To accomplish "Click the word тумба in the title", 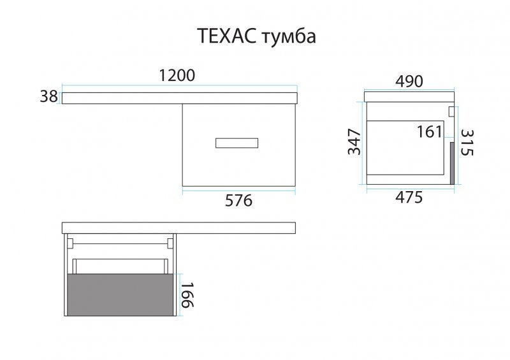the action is coord(289,36).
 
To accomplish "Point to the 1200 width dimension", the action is coord(177,75).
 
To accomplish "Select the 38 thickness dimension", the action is coord(48,97).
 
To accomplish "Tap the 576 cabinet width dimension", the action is coord(238,201).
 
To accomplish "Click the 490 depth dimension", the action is coord(409,82).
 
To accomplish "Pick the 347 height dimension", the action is coord(354,142).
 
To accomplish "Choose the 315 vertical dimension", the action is coord(467,143).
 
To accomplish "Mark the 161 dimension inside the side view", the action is coord(429,132).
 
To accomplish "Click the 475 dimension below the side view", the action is coord(409,198).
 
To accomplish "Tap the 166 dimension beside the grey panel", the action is coord(187,294).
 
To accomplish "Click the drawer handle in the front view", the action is coord(237,143).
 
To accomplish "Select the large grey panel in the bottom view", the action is coord(120,294).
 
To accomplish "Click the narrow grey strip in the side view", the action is coord(452,163).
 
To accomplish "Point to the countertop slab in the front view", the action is coord(180,98).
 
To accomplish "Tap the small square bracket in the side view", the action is coord(451,112).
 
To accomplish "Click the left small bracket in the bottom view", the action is coord(70,243).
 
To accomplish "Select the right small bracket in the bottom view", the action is coord(170,243).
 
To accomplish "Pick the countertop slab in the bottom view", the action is coord(178,228).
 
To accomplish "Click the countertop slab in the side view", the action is coord(409,97).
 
